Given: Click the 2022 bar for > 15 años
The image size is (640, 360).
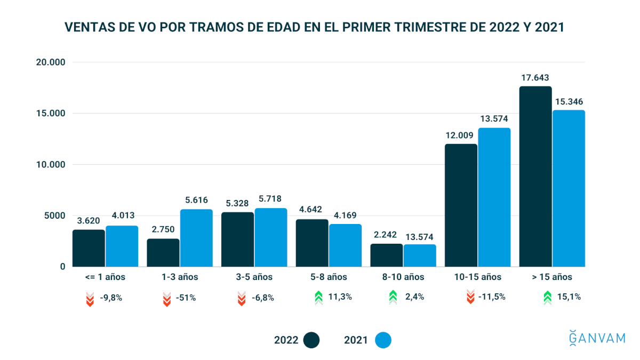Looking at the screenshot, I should (535, 177).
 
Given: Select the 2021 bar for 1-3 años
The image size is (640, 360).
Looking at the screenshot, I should (196, 238).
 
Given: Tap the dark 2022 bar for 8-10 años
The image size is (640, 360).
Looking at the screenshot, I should (387, 255).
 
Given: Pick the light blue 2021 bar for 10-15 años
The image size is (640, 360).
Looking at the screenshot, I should (494, 197).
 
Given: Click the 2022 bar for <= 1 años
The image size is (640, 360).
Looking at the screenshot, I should (89, 248).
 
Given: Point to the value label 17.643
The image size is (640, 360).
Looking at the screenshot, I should (535, 78).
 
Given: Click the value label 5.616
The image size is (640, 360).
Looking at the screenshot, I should (196, 201).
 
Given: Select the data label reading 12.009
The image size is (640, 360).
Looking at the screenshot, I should (461, 135).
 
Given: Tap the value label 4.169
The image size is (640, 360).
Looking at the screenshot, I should (345, 215).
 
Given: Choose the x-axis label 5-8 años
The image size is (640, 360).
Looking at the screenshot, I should (329, 277).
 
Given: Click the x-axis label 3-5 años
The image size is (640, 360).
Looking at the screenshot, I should (254, 277).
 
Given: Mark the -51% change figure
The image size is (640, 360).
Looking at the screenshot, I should (186, 298).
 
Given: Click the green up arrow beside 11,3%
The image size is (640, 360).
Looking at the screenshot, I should (318, 297).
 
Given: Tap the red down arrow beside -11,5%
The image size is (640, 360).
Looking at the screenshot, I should (470, 297).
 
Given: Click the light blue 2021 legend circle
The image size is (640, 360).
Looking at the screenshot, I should (383, 340).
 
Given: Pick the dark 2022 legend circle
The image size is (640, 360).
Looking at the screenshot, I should (311, 340).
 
